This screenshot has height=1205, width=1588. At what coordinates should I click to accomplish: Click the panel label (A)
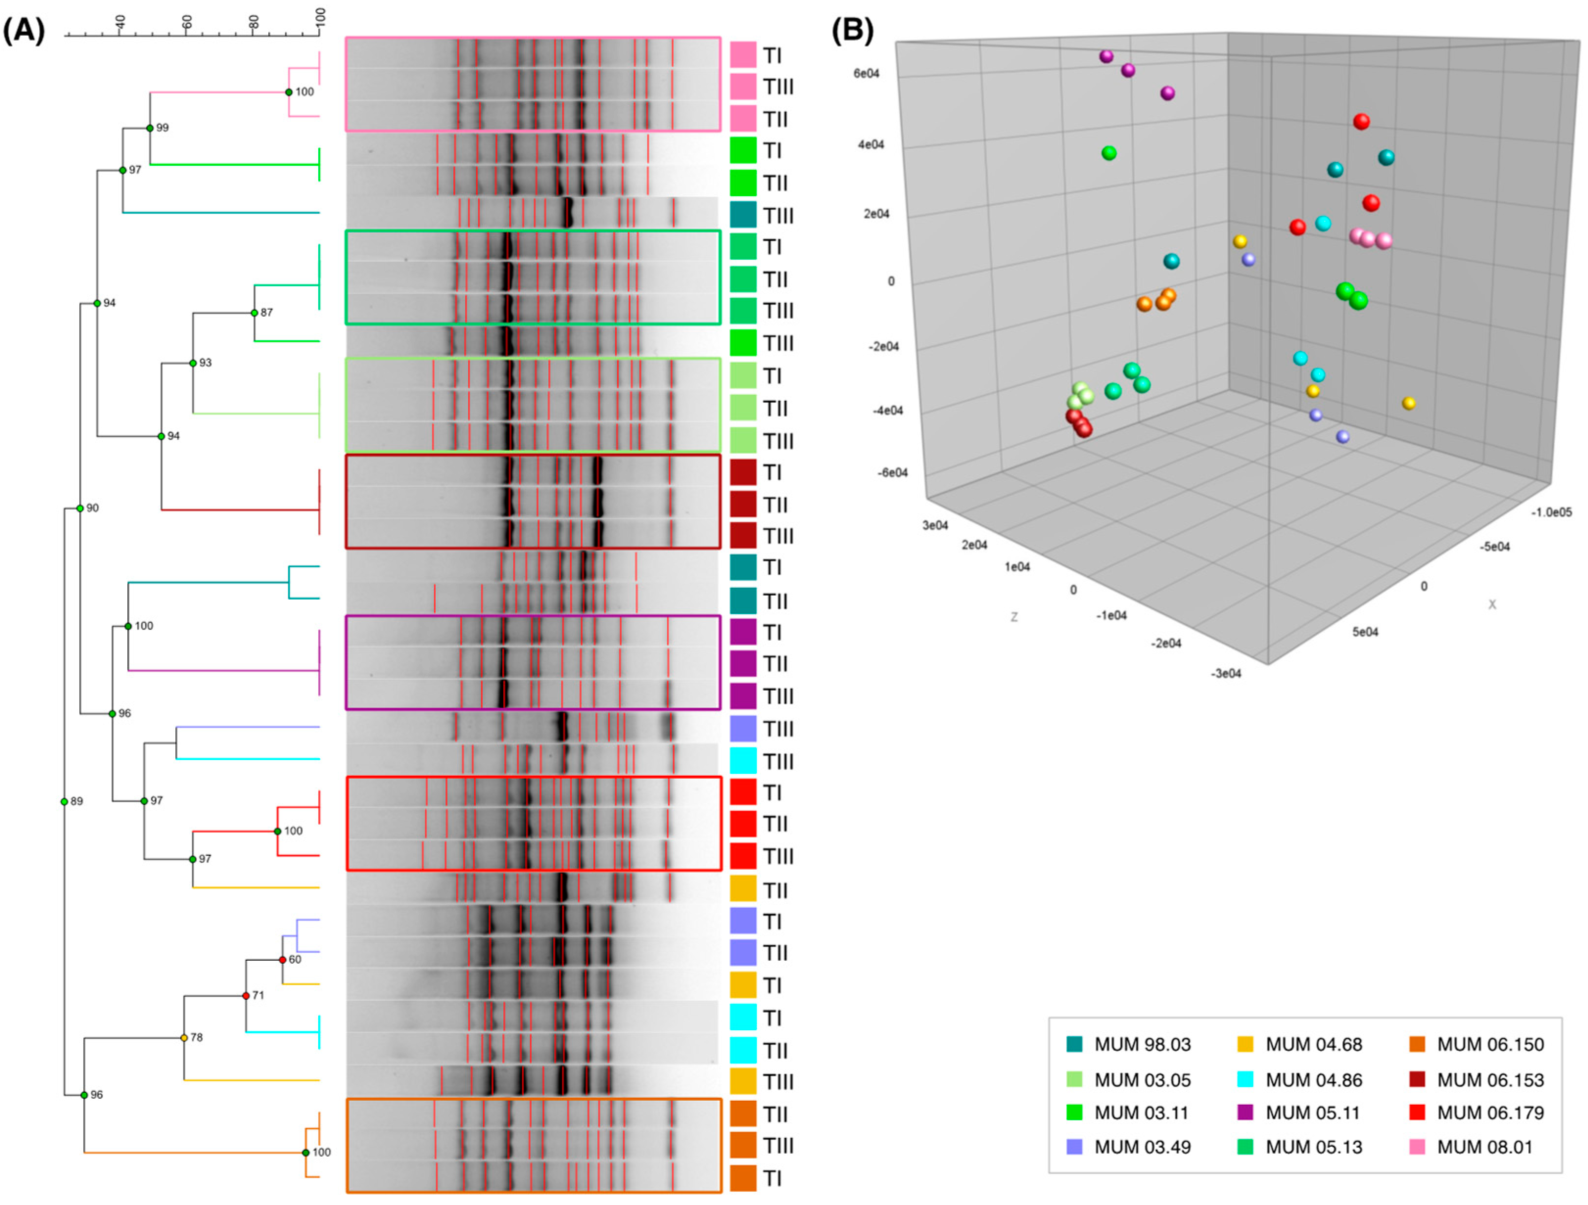click(23, 31)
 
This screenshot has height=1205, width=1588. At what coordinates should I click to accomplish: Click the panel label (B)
click(852, 31)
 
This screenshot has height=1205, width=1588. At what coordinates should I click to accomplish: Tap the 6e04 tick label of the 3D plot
click(866, 73)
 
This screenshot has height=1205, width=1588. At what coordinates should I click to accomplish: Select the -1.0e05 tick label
click(1551, 512)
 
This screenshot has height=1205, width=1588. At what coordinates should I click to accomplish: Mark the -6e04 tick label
click(891, 472)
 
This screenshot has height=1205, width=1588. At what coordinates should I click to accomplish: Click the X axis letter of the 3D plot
click(1492, 604)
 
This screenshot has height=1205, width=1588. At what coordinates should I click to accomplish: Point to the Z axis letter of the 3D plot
click(1014, 617)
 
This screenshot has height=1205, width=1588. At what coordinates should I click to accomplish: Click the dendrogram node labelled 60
click(283, 960)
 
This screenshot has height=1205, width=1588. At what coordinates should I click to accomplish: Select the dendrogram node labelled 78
click(185, 1038)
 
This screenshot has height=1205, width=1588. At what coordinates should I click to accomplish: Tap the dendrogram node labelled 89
click(65, 801)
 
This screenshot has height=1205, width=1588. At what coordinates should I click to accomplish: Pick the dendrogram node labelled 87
click(254, 313)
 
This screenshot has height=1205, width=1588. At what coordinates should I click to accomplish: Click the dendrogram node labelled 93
click(193, 363)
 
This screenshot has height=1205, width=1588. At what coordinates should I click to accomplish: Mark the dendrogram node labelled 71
click(246, 996)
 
